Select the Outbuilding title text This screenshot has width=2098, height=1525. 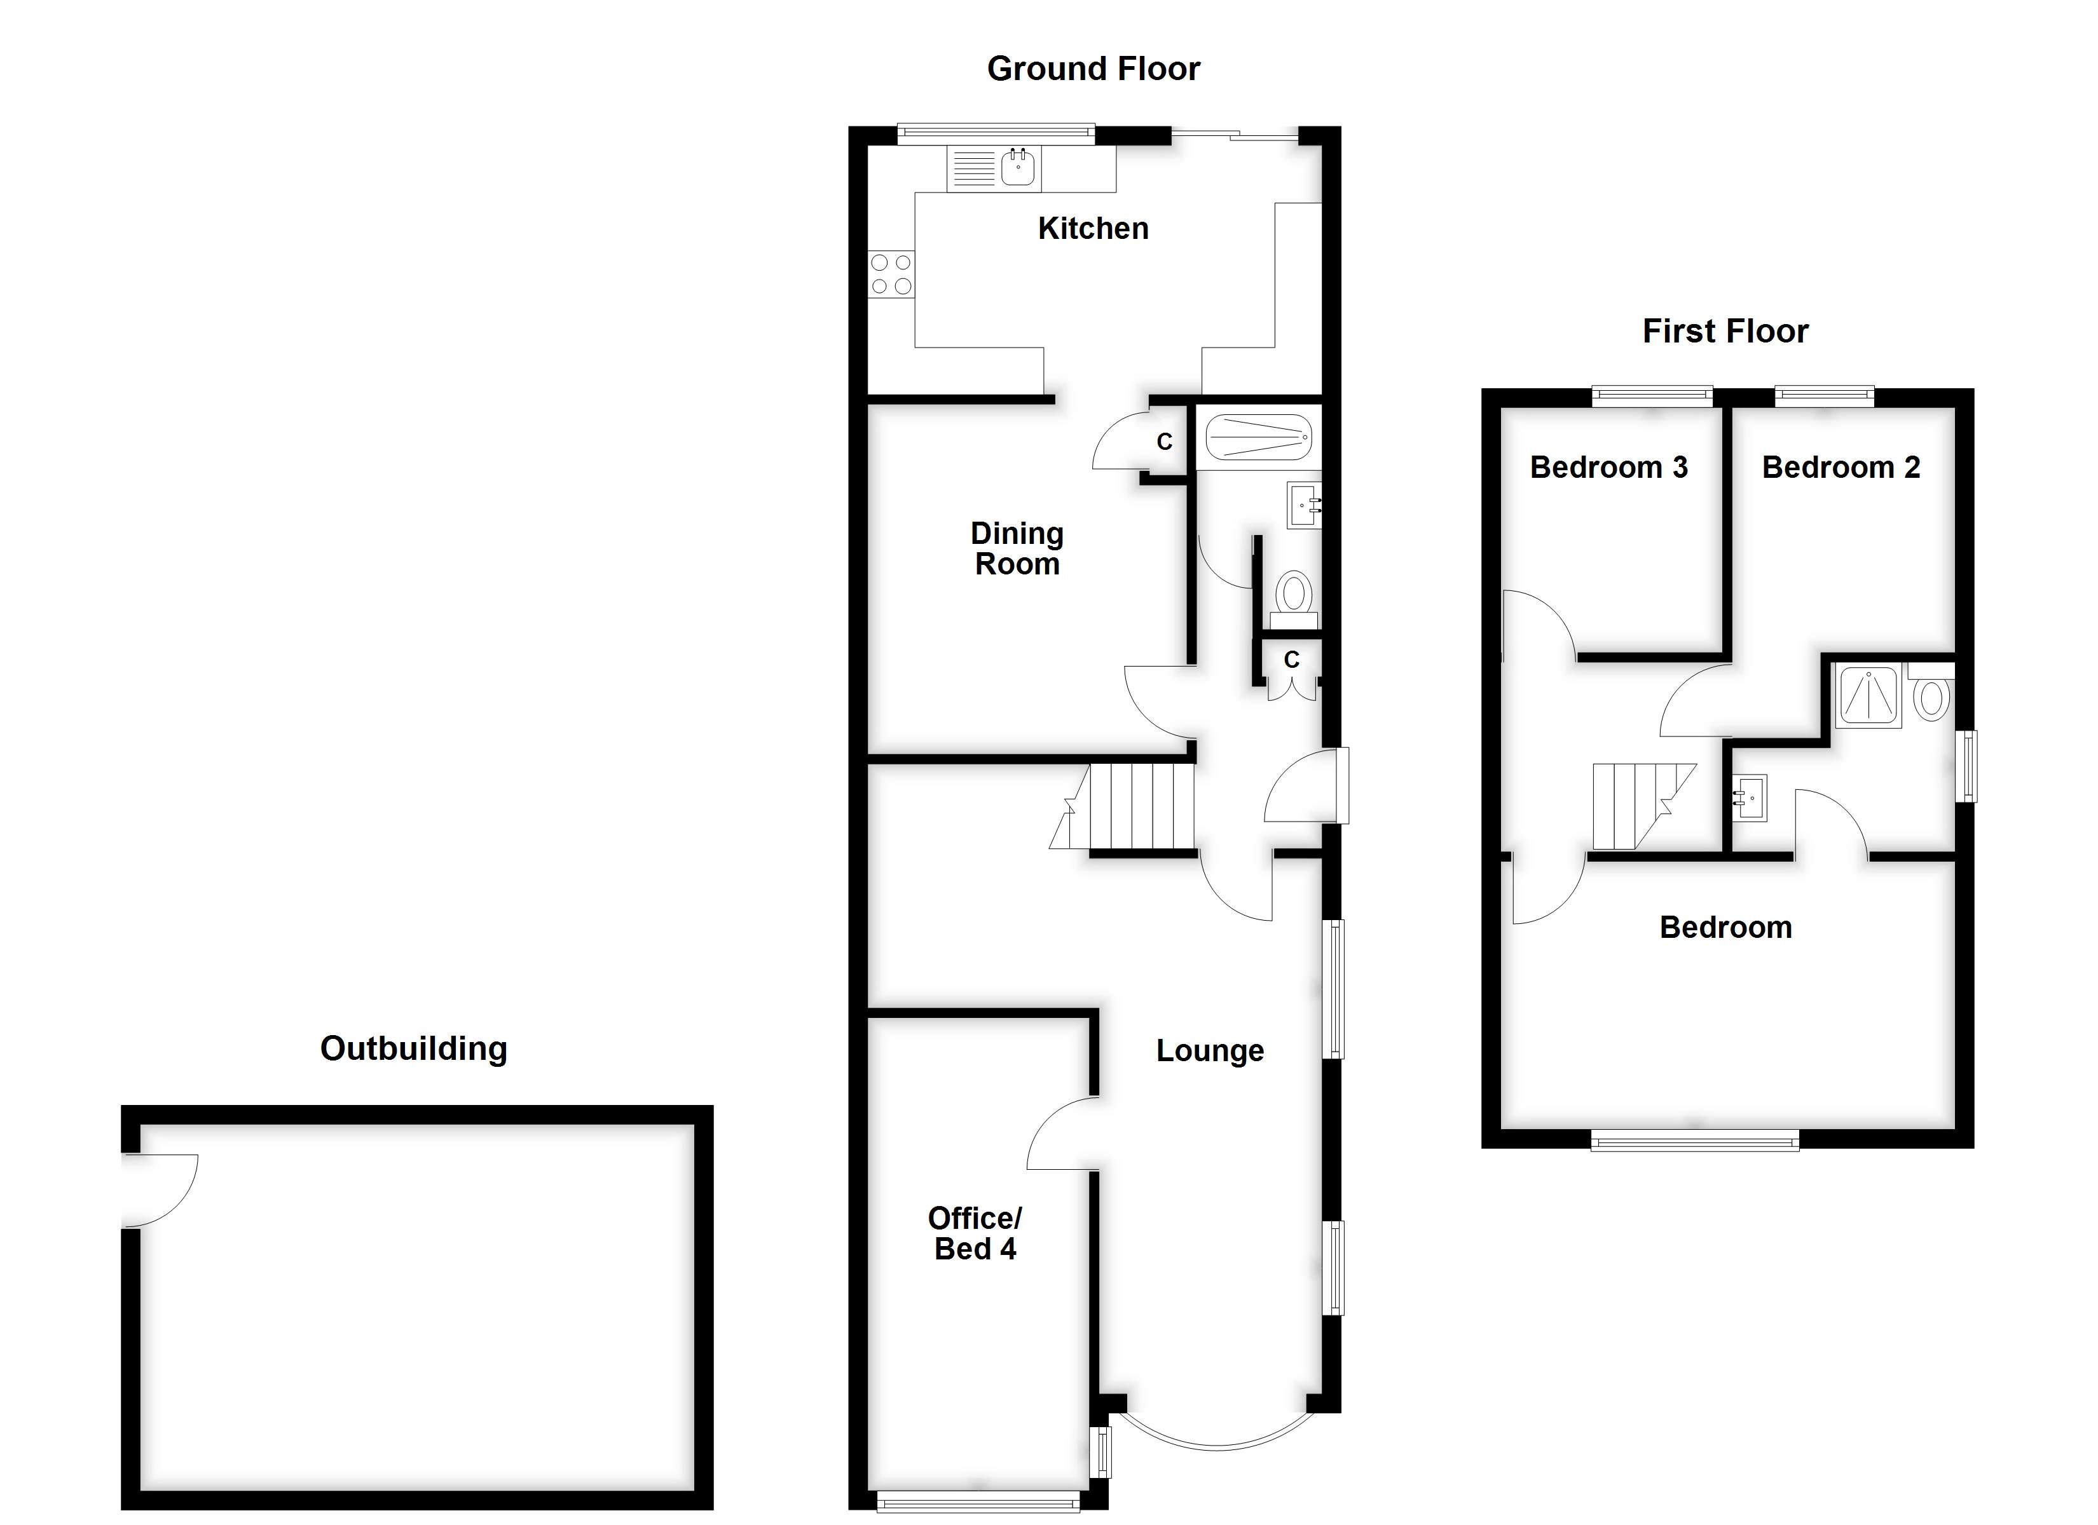click(x=413, y=1048)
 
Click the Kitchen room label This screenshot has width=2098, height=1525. click(x=1092, y=228)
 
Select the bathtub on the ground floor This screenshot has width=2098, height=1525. click(x=1258, y=437)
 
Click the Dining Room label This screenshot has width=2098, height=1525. click(x=1017, y=548)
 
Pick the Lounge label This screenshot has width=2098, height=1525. click(x=1209, y=1050)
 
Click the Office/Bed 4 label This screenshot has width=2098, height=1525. click(x=975, y=1234)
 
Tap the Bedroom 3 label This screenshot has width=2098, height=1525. click(x=1608, y=468)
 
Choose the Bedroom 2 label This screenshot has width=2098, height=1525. click(x=1841, y=468)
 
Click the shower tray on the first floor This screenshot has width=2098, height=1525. click(x=1870, y=695)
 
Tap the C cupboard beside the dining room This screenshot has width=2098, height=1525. click(x=1163, y=442)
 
